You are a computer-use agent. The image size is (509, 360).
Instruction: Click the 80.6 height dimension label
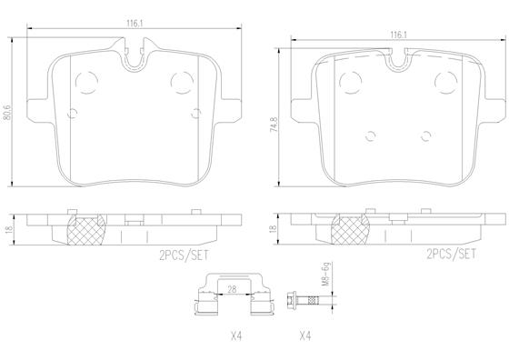(6, 113)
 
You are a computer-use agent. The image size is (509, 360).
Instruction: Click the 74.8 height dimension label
(274, 124)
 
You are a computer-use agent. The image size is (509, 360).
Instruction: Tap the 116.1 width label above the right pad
(398, 35)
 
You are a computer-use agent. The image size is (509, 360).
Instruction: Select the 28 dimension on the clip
(232, 289)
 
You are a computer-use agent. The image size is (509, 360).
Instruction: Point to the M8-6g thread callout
(325, 274)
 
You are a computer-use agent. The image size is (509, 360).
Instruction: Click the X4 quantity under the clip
(236, 336)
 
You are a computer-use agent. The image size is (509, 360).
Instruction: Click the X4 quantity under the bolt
(305, 336)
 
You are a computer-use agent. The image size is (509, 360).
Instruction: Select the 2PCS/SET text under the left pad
(184, 255)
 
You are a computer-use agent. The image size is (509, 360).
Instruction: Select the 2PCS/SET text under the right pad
(451, 254)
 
